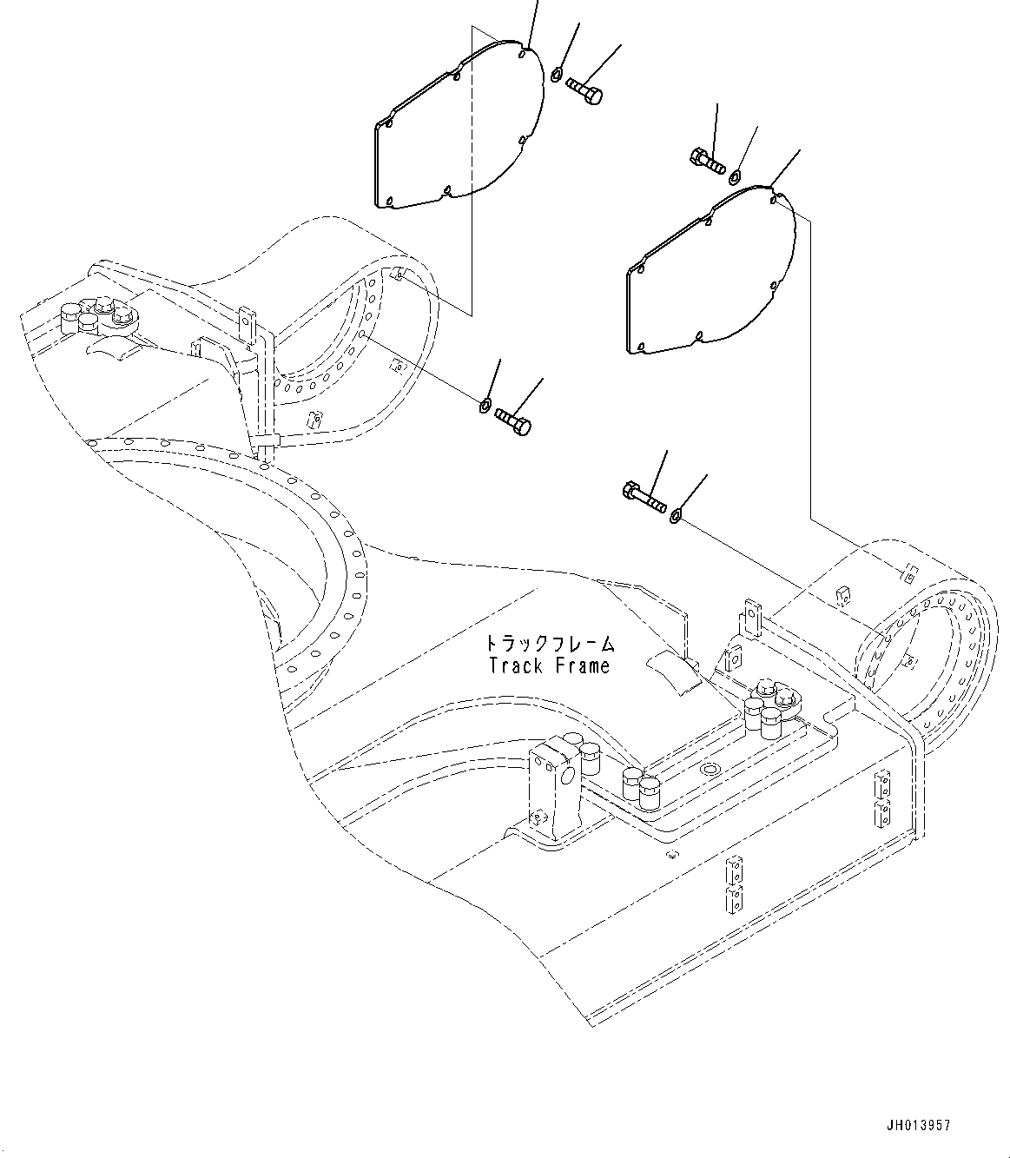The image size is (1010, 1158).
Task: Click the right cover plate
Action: coord(708,278)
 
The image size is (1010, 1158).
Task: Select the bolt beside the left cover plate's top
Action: coord(584,90)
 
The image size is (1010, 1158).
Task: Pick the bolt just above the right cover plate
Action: coord(706,161)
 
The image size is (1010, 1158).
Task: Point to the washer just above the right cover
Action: coord(735,177)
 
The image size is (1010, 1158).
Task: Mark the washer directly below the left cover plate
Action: coord(485,405)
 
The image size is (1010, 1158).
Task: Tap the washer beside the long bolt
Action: coord(676,518)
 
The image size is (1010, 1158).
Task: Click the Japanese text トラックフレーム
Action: coord(549,644)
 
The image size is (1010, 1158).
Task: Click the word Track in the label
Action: coord(516,666)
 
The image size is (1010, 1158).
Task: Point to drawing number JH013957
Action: coord(918,1125)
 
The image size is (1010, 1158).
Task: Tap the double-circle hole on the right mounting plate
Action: coord(710,770)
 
